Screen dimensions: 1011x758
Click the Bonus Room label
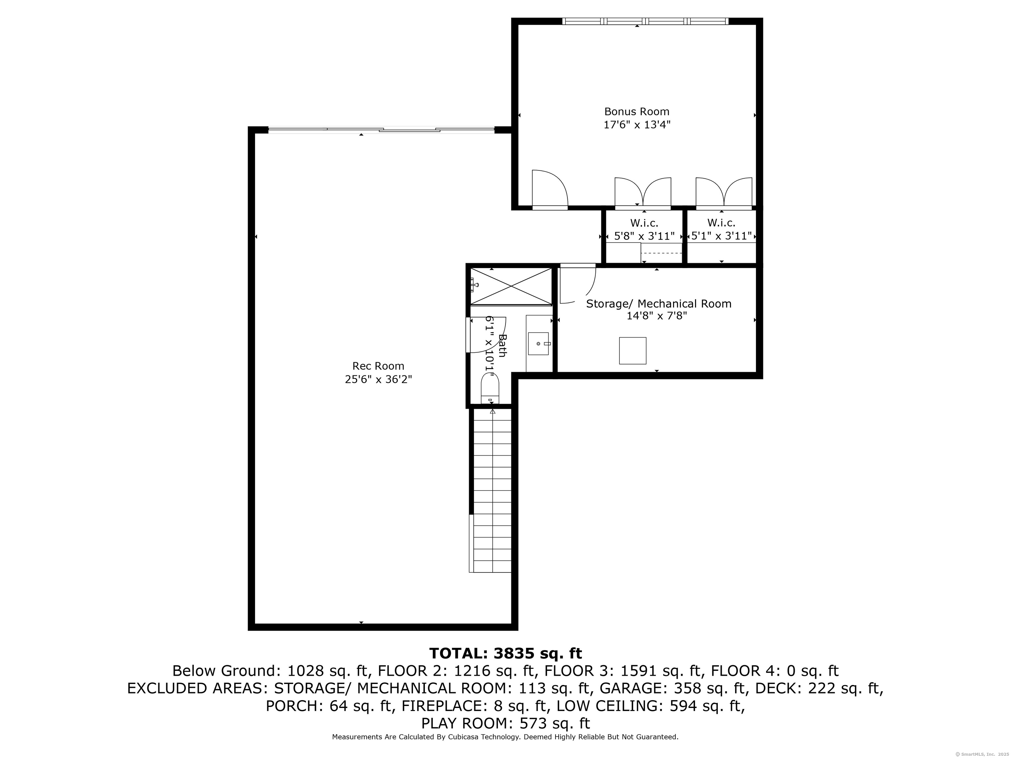click(637, 112)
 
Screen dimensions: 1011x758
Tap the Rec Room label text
click(378, 366)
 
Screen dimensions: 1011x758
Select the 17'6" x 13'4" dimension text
click(637, 125)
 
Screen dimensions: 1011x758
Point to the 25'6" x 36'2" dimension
click(378, 379)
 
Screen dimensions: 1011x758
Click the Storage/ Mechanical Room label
click(659, 304)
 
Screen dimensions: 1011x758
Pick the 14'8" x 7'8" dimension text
click(657, 316)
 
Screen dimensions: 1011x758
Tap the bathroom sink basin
click(538, 343)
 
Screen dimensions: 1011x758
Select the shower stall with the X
click(511, 287)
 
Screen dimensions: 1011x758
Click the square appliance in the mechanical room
click(633, 351)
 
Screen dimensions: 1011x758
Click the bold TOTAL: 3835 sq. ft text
click(505, 653)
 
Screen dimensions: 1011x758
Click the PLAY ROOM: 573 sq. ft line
click(505, 723)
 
